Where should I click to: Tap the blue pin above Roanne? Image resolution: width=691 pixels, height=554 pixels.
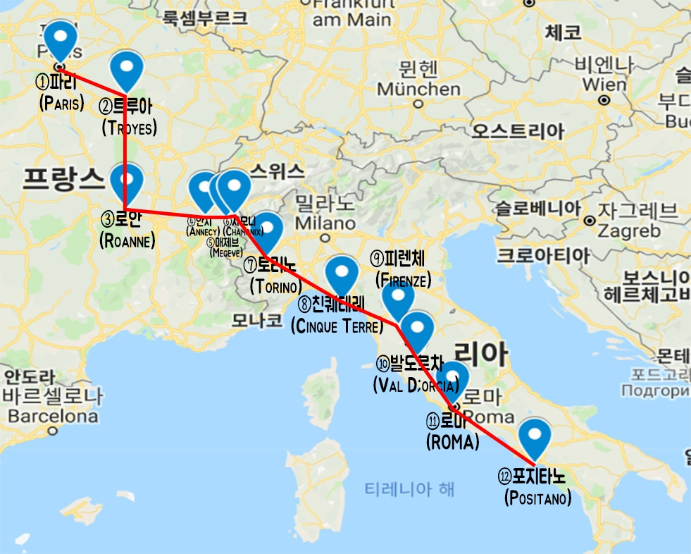[x=127, y=180]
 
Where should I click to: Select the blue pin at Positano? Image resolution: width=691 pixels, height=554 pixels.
[x=535, y=436]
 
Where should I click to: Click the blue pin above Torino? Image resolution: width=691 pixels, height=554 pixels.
[x=267, y=229]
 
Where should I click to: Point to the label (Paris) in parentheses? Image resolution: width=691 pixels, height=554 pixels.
[x=62, y=104]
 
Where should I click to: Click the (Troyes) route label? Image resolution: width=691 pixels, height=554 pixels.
[x=129, y=128]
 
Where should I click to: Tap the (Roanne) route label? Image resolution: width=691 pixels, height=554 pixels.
[x=127, y=240]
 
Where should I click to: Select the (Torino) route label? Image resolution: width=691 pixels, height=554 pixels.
[x=275, y=286]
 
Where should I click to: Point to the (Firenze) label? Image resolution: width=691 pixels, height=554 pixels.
[x=404, y=278]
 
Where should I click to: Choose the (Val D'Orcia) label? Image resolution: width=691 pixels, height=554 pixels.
[x=416, y=385]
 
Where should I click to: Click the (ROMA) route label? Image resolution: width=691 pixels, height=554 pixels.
[x=452, y=442]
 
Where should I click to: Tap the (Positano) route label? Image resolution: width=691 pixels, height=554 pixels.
[x=537, y=498]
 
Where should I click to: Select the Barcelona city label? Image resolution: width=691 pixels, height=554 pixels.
[x=53, y=416]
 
